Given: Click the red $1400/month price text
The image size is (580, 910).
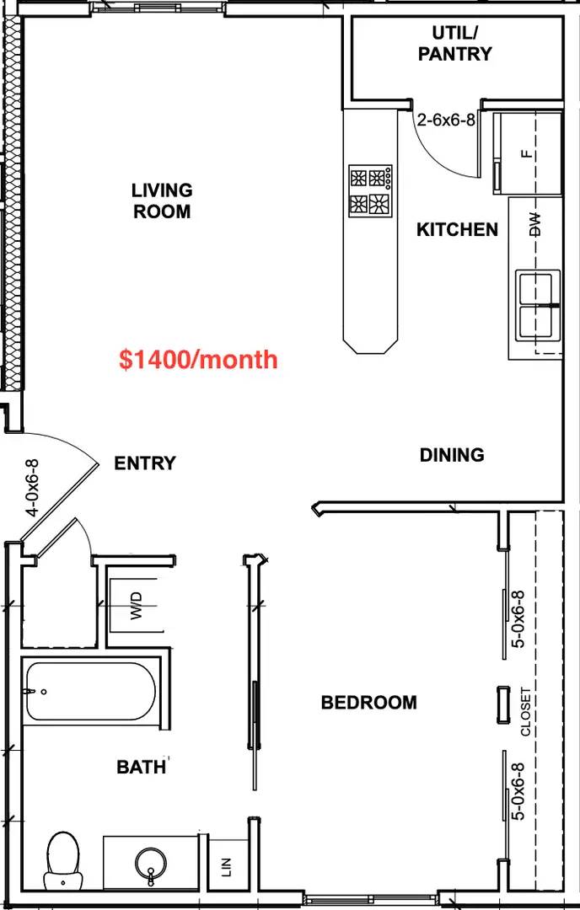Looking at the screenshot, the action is pyautogui.click(x=198, y=360).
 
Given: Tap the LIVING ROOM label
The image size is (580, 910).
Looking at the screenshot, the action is pyautogui.click(x=162, y=201).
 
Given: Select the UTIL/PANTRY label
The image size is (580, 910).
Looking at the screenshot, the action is pyautogui.click(x=454, y=44).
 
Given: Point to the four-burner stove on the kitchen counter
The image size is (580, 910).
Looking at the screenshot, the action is pyautogui.click(x=370, y=191).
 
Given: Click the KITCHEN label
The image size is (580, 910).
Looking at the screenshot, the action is pyautogui.click(x=458, y=230).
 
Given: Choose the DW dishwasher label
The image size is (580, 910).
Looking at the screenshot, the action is pyautogui.click(x=535, y=224).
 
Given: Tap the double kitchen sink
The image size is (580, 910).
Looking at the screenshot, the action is pyautogui.click(x=540, y=305).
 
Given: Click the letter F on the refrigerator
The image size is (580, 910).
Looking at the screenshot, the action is pyautogui.click(x=527, y=154).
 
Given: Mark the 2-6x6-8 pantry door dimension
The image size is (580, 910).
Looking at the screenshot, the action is pyautogui.click(x=446, y=120).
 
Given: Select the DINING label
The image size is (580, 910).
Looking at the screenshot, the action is pyautogui.click(x=452, y=455).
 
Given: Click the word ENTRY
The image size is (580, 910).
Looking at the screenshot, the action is pyautogui.click(x=144, y=463).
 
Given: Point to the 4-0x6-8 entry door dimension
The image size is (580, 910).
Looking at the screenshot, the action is pyautogui.click(x=33, y=488).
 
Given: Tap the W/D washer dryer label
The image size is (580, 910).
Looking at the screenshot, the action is pyautogui.click(x=137, y=605).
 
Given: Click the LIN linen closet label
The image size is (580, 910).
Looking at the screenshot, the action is pyautogui.click(x=227, y=867).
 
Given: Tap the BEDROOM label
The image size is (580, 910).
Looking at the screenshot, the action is pyautogui.click(x=369, y=703).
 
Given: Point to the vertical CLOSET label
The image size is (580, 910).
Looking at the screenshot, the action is pyautogui.click(x=525, y=711).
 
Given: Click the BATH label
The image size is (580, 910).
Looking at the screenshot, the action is pyautogui.click(x=142, y=768).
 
